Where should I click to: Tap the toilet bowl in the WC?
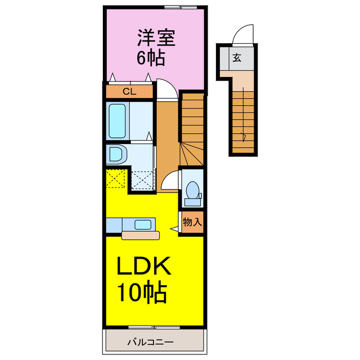(192, 190)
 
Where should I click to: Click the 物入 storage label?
(192, 222)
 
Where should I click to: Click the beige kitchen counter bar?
(141, 235)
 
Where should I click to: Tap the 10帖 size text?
(141, 293)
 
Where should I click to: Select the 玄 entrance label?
(237, 57)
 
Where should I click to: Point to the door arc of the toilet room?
(171, 181)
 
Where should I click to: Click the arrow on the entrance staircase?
(244, 135)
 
